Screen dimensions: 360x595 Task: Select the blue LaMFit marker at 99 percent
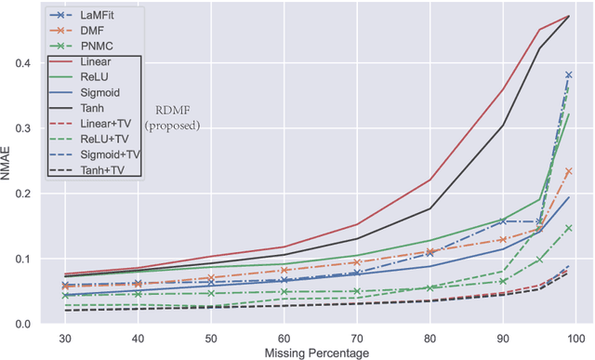tap(568, 74)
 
